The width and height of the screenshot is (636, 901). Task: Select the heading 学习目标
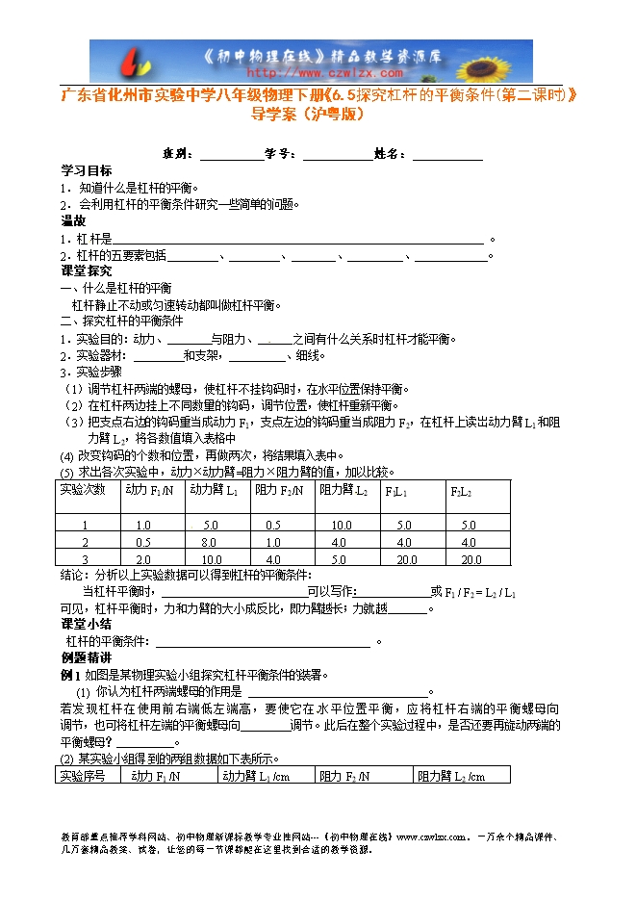pos(86,169)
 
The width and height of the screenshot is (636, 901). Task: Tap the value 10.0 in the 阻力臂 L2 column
pos(340,526)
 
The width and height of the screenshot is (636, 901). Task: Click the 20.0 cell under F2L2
pos(471,559)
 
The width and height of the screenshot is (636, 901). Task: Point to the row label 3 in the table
pos(85,559)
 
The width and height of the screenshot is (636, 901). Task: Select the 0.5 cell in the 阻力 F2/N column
pos(273,526)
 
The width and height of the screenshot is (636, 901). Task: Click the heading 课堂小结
pos(86,625)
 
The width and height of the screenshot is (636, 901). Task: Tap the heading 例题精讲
pos(86,657)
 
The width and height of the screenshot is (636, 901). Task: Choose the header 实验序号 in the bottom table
pos(84,776)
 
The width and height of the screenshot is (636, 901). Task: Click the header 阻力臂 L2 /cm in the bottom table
pos(450,776)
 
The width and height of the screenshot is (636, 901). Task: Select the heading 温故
pos(73,220)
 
